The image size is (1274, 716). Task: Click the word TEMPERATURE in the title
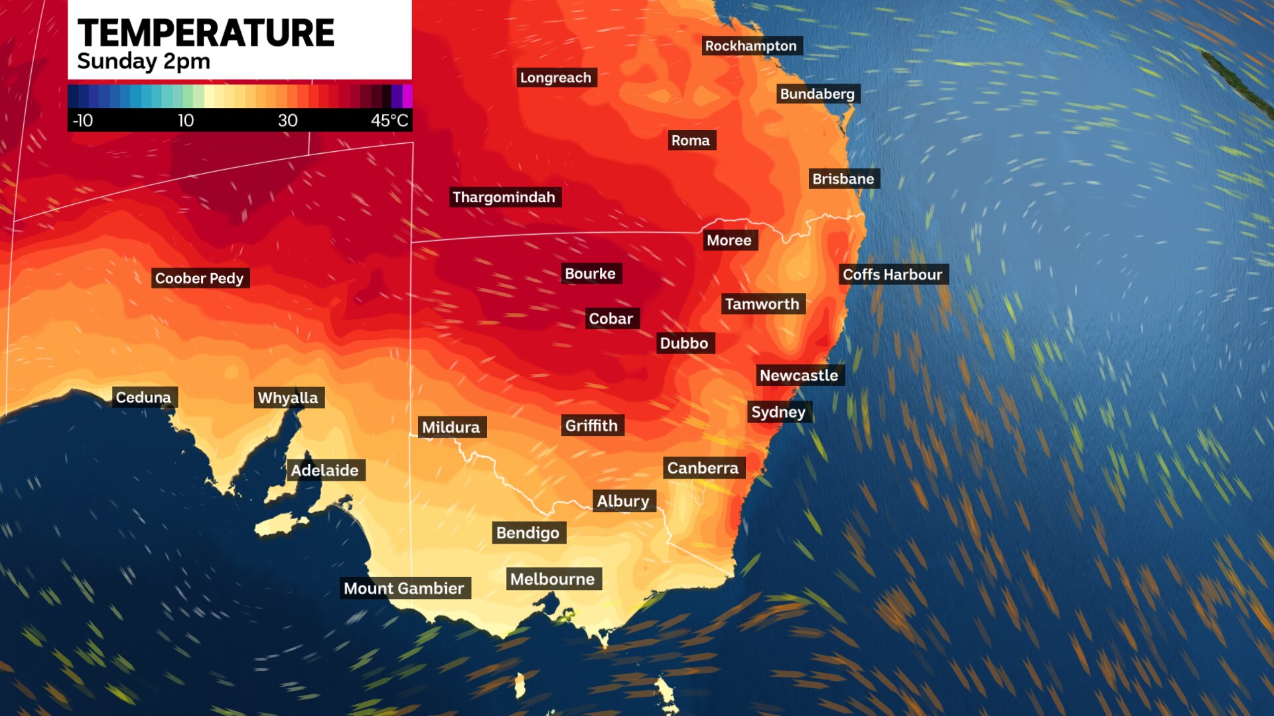(206, 33)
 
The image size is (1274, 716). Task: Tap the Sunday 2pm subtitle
(143, 62)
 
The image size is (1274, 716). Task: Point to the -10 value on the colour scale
(83, 121)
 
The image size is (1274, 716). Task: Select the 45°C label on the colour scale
(389, 121)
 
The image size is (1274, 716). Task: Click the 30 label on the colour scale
(287, 121)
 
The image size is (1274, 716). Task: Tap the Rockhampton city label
(750, 46)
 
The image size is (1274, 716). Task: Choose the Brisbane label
(843, 179)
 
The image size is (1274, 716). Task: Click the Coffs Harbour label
(892, 274)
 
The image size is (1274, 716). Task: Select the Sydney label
(778, 412)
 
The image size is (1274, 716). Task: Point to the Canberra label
(703, 468)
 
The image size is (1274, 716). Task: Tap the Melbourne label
(552, 579)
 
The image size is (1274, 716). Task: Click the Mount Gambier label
(403, 588)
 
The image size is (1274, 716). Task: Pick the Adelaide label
(324, 470)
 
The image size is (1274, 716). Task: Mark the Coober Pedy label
(199, 278)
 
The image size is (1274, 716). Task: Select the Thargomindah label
(504, 197)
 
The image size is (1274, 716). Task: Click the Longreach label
(555, 78)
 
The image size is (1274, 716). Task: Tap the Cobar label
(610, 319)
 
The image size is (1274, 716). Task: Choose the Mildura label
(451, 427)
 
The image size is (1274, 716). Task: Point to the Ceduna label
(143, 397)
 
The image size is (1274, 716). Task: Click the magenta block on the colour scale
(407, 96)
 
